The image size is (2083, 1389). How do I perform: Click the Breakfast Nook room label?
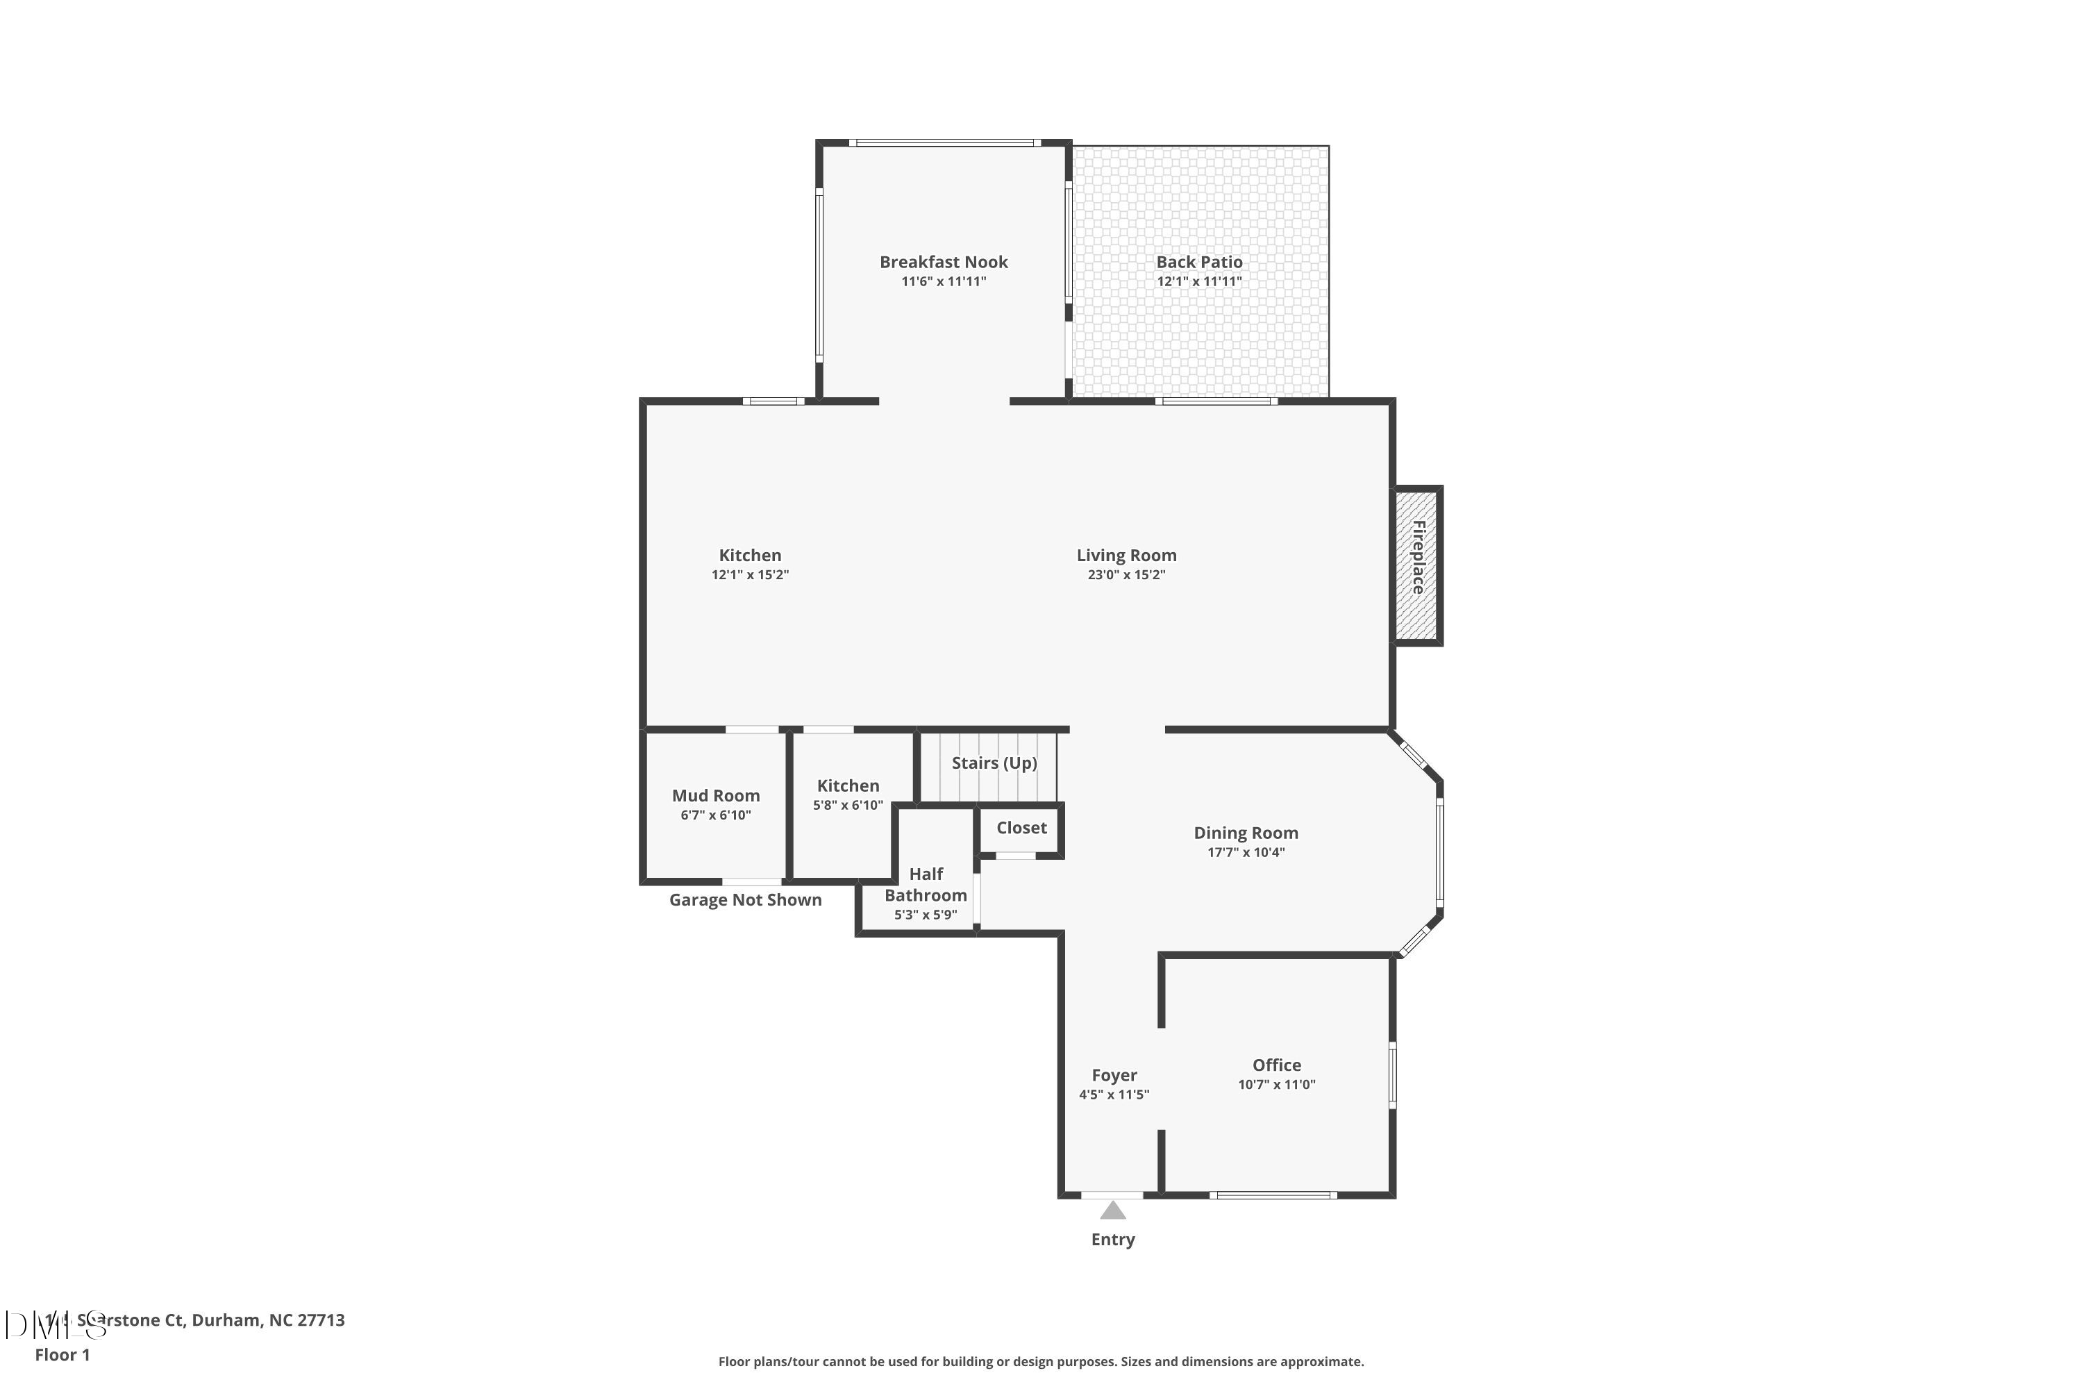pyautogui.click(x=943, y=263)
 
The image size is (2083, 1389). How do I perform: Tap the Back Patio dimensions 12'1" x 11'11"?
pyautogui.click(x=1199, y=282)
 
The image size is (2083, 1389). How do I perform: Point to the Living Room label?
pyautogui.click(x=1126, y=556)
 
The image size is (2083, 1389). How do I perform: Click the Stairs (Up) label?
pyautogui.click(x=994, y=763)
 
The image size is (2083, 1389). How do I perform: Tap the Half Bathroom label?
pyautogui.click(x=926, y=884)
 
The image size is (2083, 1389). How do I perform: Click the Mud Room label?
pyautogui.click(x=716, y=795)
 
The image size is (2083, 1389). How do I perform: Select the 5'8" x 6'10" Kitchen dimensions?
pyautogui.click(x=848, y=805)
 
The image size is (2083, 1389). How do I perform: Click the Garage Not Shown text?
pyautogui.click(x=745, y=900)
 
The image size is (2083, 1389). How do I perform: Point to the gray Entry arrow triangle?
pyautogui.click(x=1113, y=1210)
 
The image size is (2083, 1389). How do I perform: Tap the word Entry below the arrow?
pyautogui.click(x=1113, y=1239)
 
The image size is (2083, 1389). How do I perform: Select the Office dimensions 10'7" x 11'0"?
pyautogui.click(x=1276, y=1084)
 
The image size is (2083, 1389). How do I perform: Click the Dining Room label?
pyautogui.click(x=1245, y=833)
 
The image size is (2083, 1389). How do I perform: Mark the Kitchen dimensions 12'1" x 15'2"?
pyautogui.click(x=750, y=575)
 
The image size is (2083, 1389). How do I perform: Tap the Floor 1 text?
pyautogui.click(x=62, y=1354)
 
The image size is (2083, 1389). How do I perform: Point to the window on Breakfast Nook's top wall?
pyautogui.click(x=944, y=142)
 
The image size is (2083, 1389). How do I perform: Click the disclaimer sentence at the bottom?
pyautogui.click(x=1041, y=1361)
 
